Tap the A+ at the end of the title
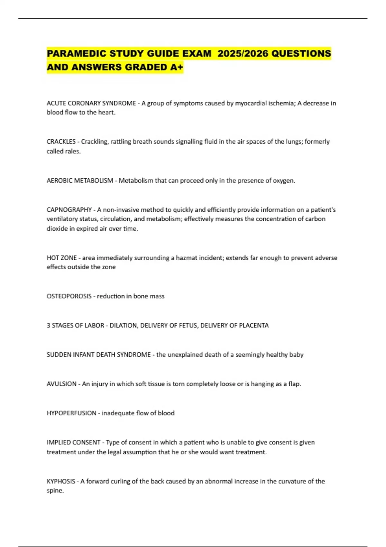tap(177, 67)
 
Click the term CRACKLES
tap(61, 142)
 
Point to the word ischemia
tap(281, 103)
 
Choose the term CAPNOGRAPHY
tap(69, 210)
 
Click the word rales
tap(72, 151)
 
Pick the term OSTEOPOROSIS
tap(69, 296)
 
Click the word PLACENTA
tap(254, 325)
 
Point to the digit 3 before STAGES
tap(49, 325)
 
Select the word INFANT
tap(84, 355)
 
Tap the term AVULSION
tap(61, 384)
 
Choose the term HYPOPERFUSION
tap(71, 413)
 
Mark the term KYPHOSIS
tap(61, 481)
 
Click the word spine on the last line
tap(55, 491)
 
